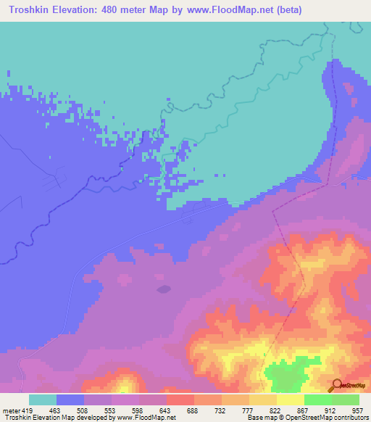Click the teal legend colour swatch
[x=43, y=400]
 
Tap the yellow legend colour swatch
[x=291, y=400]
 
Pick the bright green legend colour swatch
[x=318, y=400]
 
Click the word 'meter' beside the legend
[x=11, y=410]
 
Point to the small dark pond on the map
[x=164, y=289]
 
